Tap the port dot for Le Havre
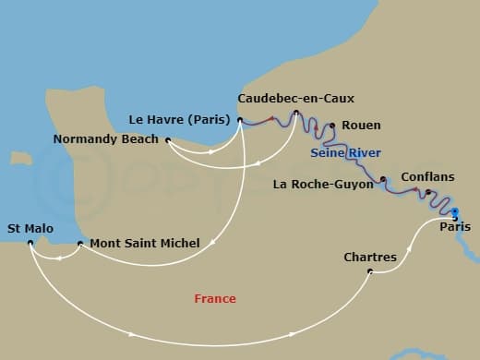coord(240,119)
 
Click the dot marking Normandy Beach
coord(168,140)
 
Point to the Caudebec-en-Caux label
coord(295,98)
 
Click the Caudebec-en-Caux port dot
coord(295,114)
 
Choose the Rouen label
coord(360,126)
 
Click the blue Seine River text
coord(346,152)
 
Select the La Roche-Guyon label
coord(323,184)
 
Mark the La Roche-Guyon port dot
coord(382,179)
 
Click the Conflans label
coord(426,177)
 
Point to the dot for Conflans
coord(427,192)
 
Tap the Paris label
coord(454,227)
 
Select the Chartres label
coord(369,257)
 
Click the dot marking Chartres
coord(370,271)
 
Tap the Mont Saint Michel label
coord(145,244)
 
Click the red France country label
coord(215,298)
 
